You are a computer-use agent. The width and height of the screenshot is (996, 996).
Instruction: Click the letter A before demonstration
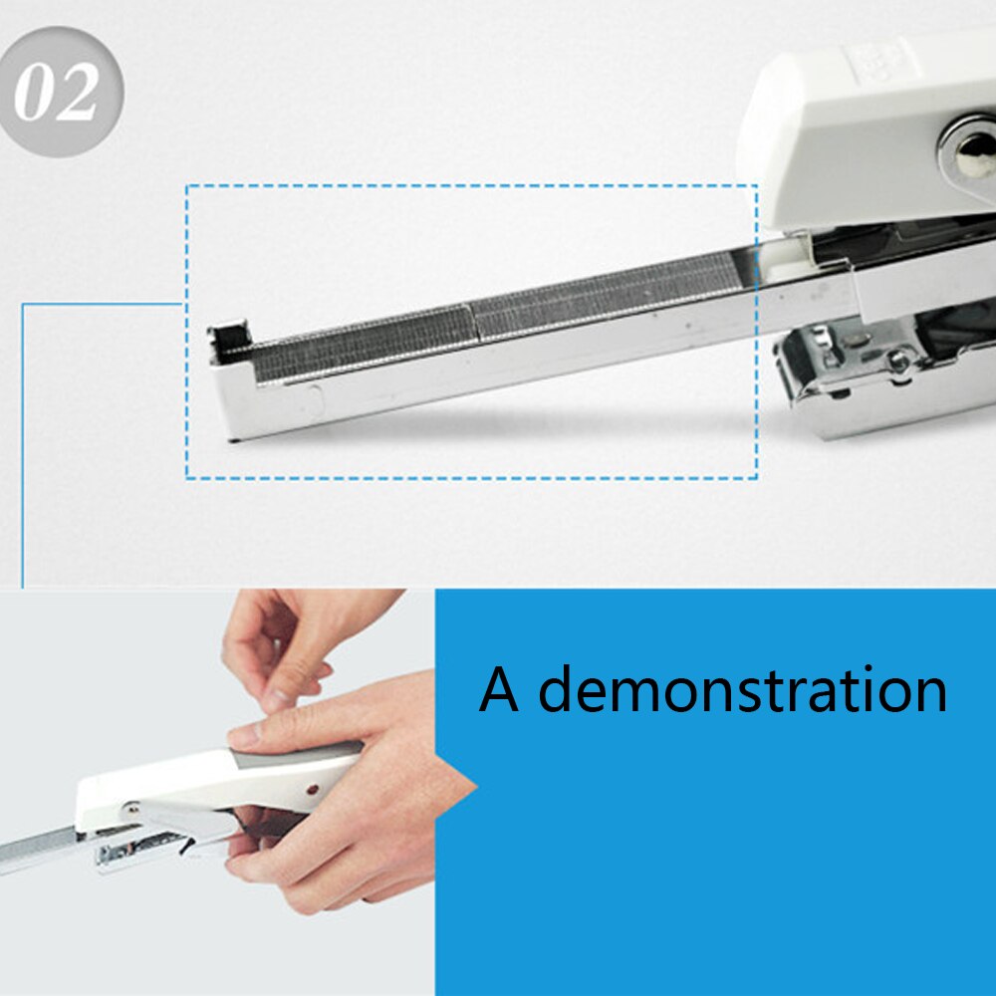[498, 689]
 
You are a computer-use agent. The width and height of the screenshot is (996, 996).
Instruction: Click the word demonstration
[743, 689]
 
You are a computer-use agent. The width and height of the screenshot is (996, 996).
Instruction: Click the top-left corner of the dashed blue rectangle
[186, 185]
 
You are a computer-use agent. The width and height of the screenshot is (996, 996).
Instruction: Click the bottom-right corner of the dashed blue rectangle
[757, 478]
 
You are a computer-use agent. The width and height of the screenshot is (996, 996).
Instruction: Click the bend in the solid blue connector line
[23, 305]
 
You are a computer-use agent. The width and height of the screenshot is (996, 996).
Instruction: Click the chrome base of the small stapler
[139, 852]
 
